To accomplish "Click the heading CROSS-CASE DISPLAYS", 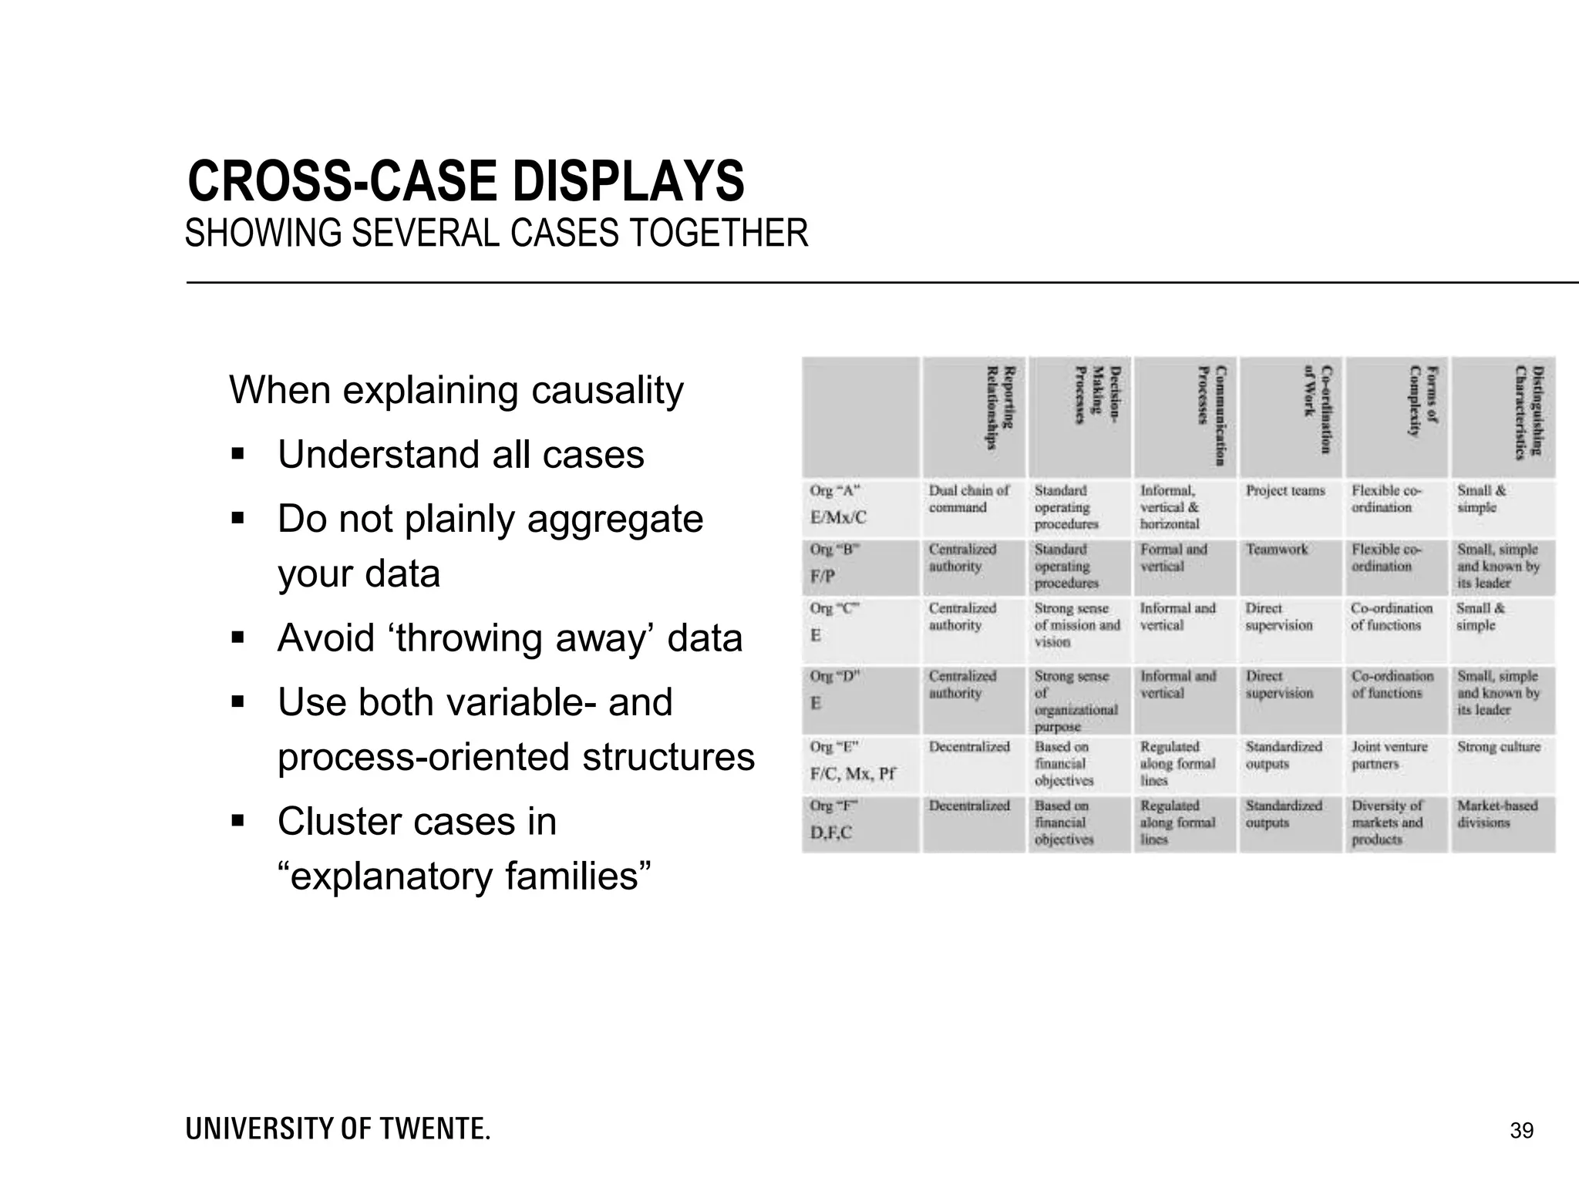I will (x=466, y=182).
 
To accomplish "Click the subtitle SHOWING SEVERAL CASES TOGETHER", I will (x=497, y=234).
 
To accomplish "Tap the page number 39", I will (x=1521, y=1131).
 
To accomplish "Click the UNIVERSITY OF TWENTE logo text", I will (x=338, y=1129).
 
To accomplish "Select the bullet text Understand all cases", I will (x=460, y=455).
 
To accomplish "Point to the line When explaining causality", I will (x=456, y=390).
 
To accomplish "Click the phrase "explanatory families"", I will (x=464, y=876).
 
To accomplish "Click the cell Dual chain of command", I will (x=968, y=499).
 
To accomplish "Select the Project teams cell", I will (x=1285, y=491).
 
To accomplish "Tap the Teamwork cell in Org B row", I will (x=1277, y=550).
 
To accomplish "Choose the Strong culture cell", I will (x=1498, y=747).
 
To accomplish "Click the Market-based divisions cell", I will (x=1497, y=814).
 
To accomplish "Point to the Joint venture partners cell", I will (x=1389, y=755).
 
